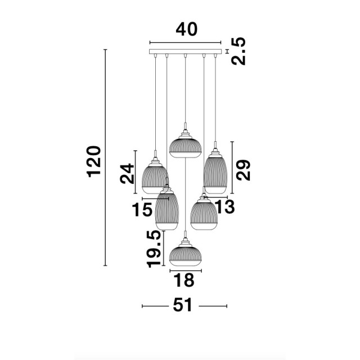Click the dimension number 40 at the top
186,29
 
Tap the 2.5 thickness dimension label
238,51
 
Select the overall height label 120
94,161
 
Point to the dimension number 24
127,174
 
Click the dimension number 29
243,170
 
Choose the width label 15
142,210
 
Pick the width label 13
224,206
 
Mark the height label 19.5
154,249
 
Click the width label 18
184,280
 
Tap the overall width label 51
182,305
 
